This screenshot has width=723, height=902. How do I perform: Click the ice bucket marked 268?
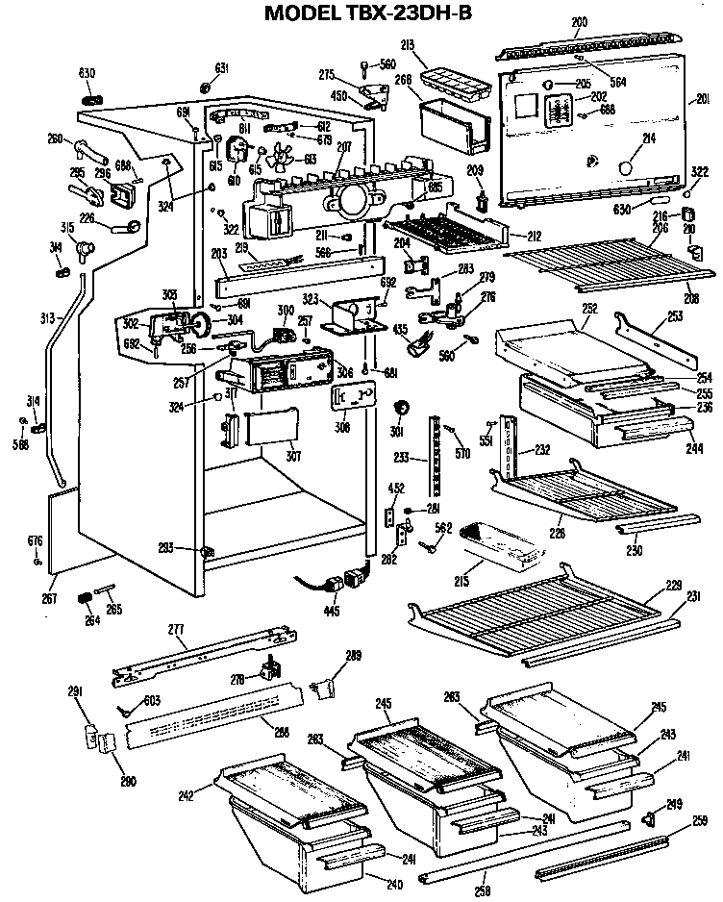(x=450, y=125)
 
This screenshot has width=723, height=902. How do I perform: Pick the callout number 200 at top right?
(x=579, y=21)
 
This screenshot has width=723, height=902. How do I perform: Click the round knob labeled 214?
(x=626, y=167)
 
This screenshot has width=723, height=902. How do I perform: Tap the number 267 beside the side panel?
(x=51, y=598)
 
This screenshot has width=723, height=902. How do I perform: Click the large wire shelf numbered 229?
(x=538, y=615)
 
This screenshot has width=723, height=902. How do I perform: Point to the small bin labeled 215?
(x=499, y=544)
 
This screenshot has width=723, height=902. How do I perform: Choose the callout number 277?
(x=176, y=631)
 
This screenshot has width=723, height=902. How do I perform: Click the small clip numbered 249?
(x=647, y=818)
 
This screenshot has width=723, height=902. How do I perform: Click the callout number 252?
(x=589, y=309)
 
